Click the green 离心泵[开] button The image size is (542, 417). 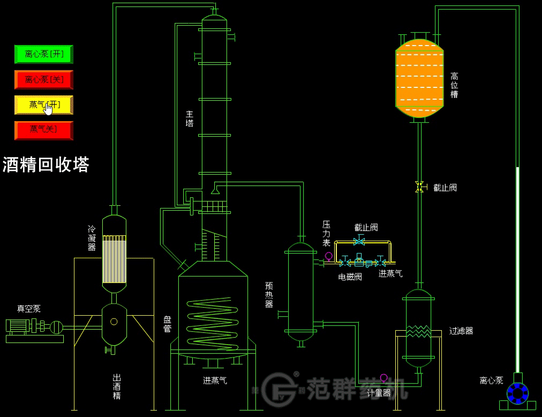tap(43, 54)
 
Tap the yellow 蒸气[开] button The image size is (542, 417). tap(43, 105)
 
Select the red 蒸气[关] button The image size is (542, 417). tap(43, 130)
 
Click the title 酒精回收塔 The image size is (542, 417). tap(46, 165)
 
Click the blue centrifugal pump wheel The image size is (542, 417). tap(517, 393)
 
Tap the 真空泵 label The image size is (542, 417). tap(28, 309)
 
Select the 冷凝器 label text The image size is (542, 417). tap(92, 238)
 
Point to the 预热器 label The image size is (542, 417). tap(269, 295)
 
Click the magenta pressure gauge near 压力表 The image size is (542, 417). tap(329, 256)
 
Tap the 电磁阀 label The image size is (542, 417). tap(350, 277)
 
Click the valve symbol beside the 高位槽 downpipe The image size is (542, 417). tap(419, 187)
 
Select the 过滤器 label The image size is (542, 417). tap(461, 331)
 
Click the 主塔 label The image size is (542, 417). tap(190, 118)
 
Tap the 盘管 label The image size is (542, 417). tap(167, 324)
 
